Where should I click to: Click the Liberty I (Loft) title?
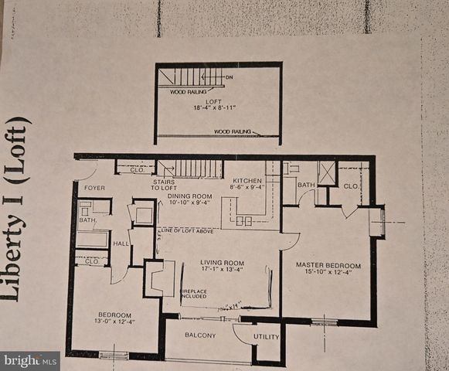pos(22,208)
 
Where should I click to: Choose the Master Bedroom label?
pos(325,265)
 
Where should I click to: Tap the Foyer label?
pos(95,188)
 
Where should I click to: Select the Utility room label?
pos(266,337)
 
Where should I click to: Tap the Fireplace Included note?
pos(193,294)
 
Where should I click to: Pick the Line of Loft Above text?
pos(187,230)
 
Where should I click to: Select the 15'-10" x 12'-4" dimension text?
pos(325,273)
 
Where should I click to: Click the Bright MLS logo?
pos(30,360)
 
